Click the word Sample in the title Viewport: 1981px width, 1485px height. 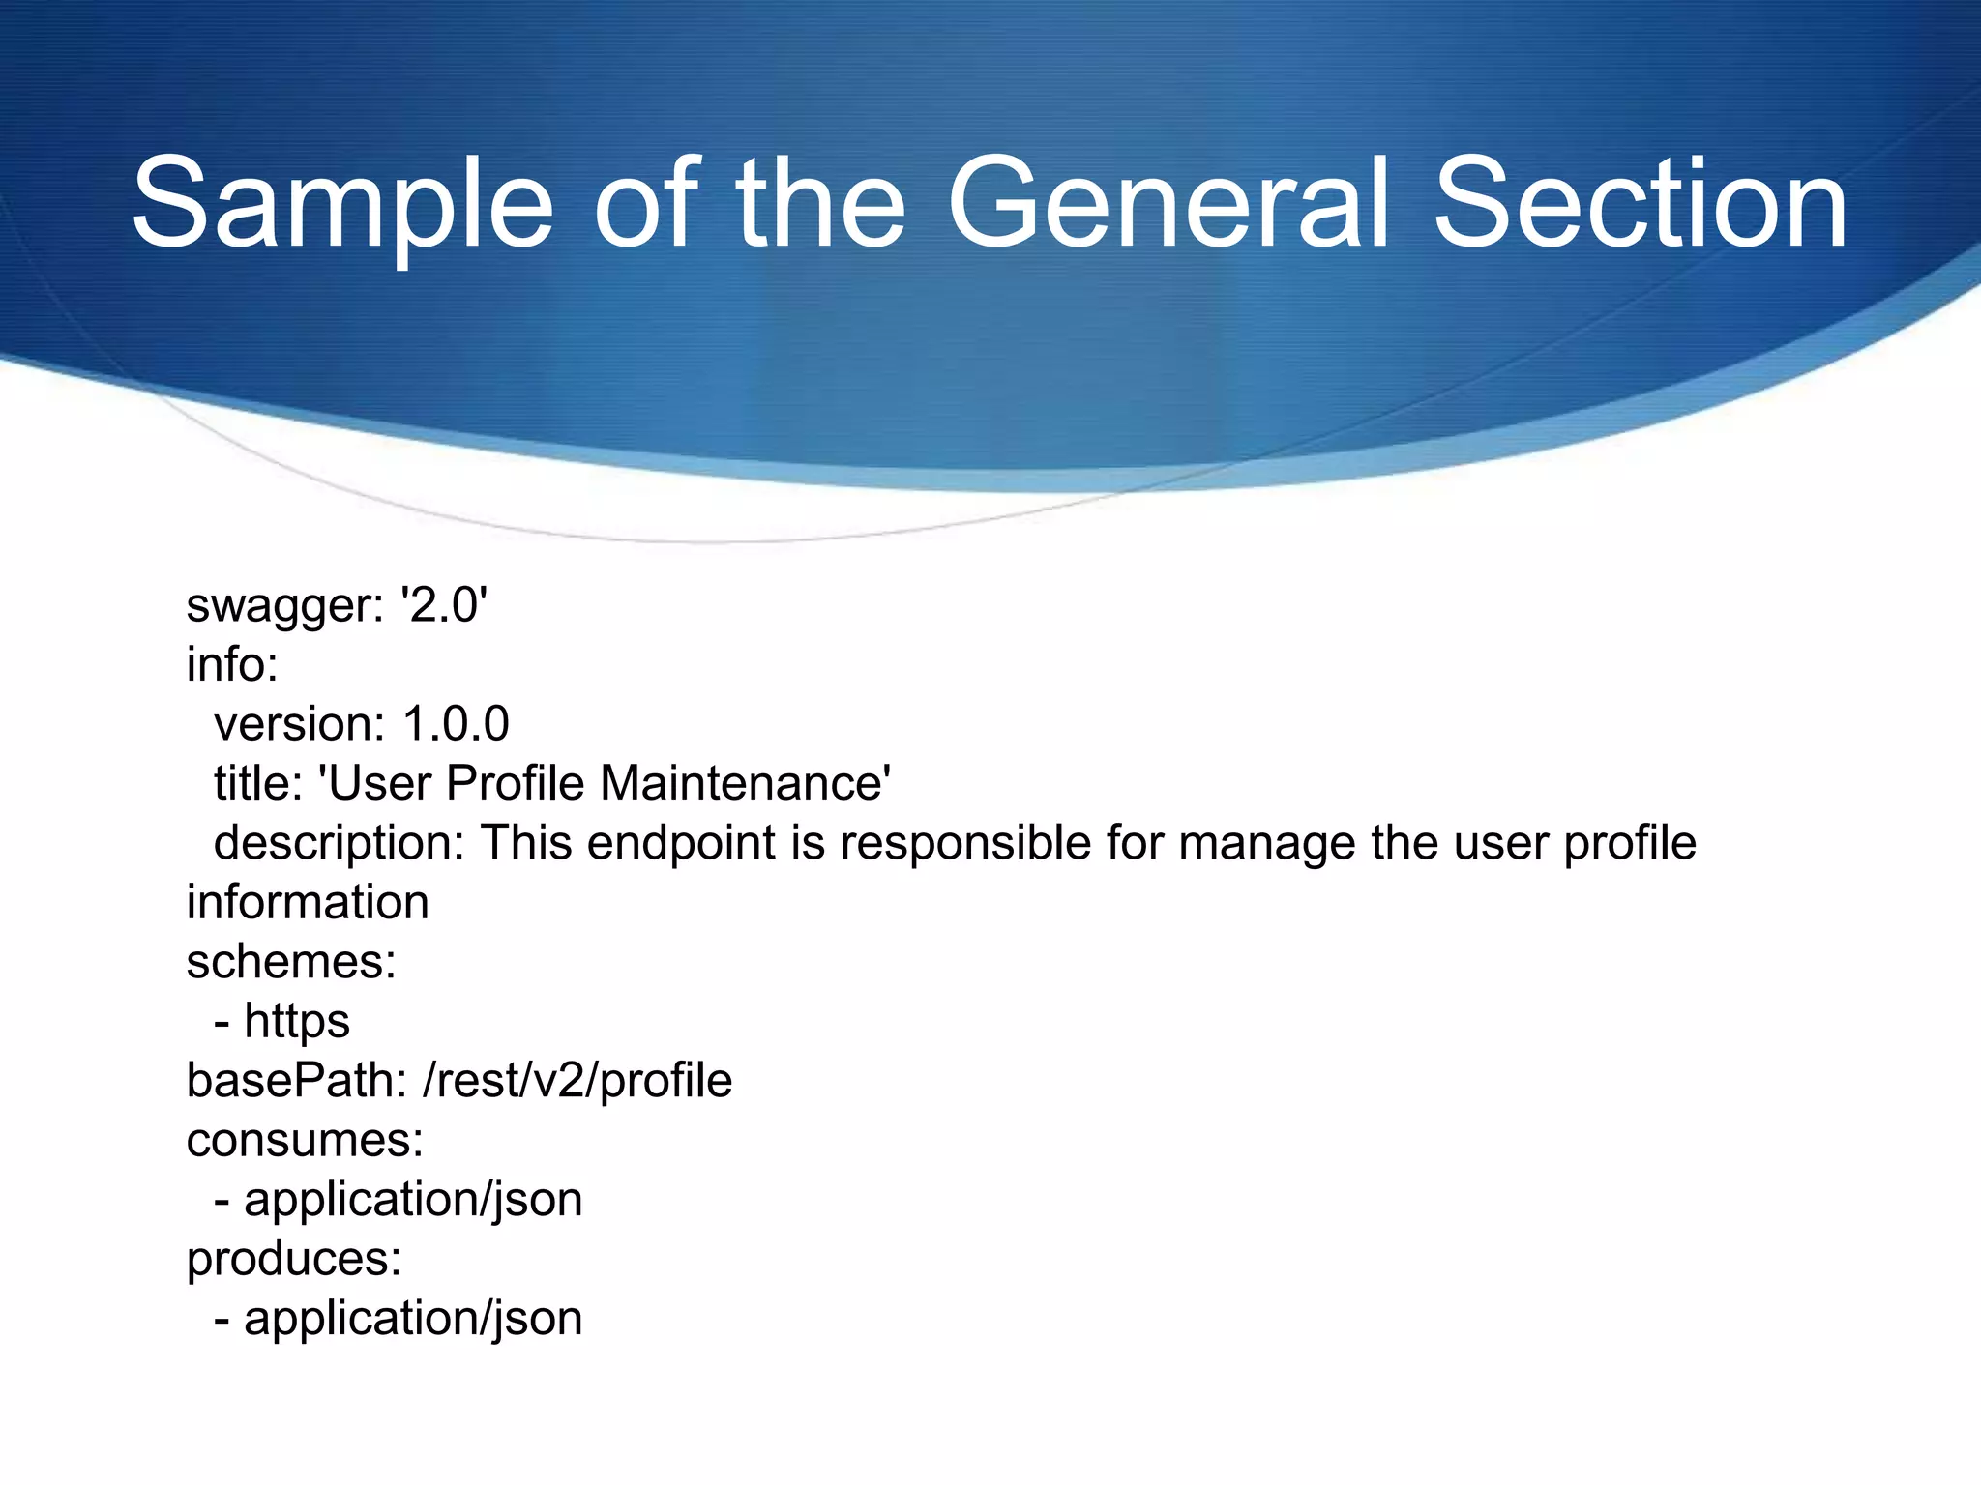[x=342, y=205]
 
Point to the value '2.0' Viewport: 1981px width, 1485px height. [x=444, y=605]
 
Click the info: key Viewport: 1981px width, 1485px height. [x=232, y=664]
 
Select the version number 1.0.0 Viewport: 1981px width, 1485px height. [x=456, y=724]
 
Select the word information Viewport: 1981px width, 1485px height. [x=308, y=903]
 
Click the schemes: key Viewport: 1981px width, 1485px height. [x=291, y=962]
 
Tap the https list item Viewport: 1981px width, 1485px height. [x=296, y=1022]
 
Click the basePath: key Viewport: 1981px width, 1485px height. [x=296, y=1081]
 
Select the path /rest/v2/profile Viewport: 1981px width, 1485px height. [x=577, y=1081]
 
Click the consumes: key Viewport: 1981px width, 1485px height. [x=305, y=1140]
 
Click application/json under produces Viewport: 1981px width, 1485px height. [x=413, y=1319]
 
